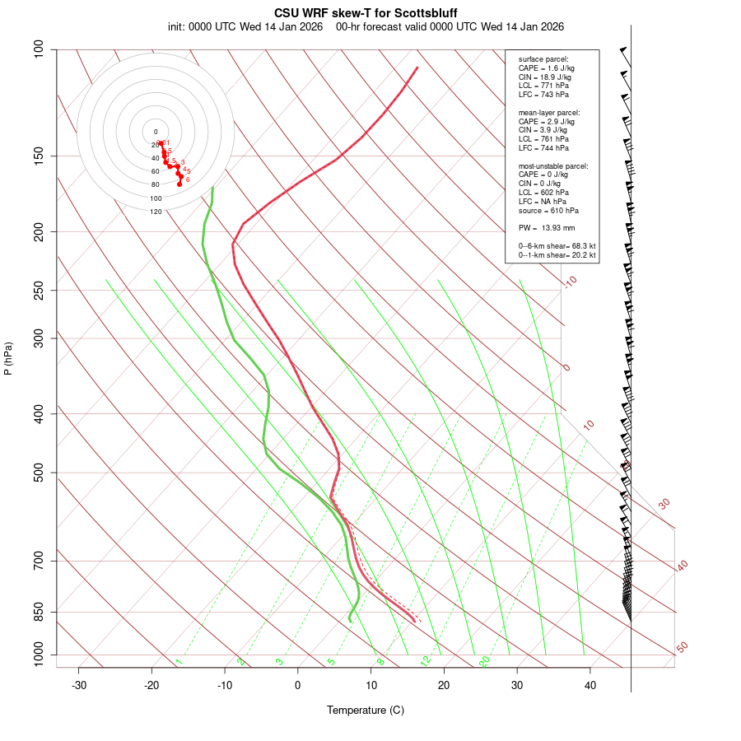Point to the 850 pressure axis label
[39, 612]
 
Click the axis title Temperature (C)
[366, 710]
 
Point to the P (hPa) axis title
[8, 359]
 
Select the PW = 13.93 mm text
[546, 227]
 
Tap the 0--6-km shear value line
[557, 245]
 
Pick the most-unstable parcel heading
[553, 165]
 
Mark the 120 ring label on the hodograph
[156, 212]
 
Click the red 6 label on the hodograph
[188, 179]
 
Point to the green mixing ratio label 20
[485, 660]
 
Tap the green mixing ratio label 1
[178, 661]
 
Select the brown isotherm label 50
[682, 648]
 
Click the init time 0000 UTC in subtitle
[212, 26]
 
